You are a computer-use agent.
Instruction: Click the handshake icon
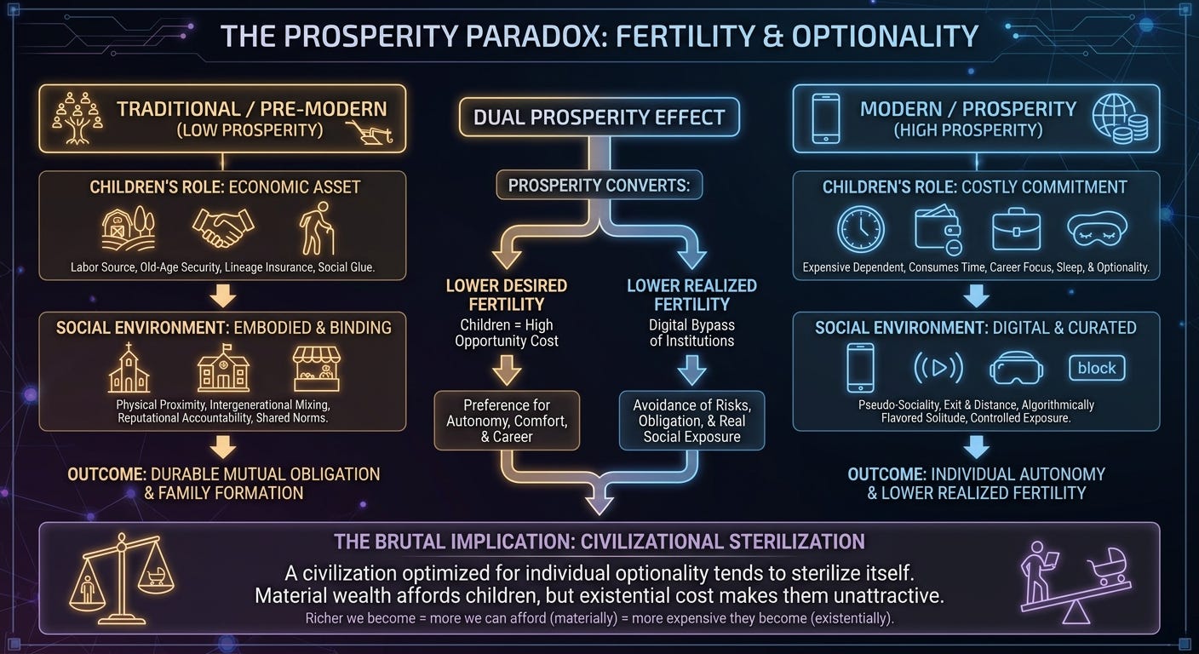coord(223,227)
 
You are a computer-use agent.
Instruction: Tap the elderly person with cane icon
coord(317,228)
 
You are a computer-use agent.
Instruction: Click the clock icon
coord(861,229)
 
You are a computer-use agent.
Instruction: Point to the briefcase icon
coord(1016,229)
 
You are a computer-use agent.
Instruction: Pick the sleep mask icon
coord(1098,230)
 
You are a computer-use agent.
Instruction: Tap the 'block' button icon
coord(1097,368)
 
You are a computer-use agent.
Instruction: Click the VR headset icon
coord(1016,368)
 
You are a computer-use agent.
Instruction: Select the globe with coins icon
coord(1120,119)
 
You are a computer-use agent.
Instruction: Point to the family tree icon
coord(77,118)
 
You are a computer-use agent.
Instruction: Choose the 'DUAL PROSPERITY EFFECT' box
coord(599,118)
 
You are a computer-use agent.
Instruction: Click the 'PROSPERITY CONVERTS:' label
coord(599,185)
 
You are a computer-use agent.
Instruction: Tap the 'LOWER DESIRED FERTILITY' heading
coord(507,295)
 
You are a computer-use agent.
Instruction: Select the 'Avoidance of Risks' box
coord(691,421)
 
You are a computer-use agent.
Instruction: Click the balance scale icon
coord(122,579)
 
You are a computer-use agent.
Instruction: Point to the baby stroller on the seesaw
coord(1107,567)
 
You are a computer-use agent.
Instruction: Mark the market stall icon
coord(316,369)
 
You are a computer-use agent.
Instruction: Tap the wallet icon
coord(938,230)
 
